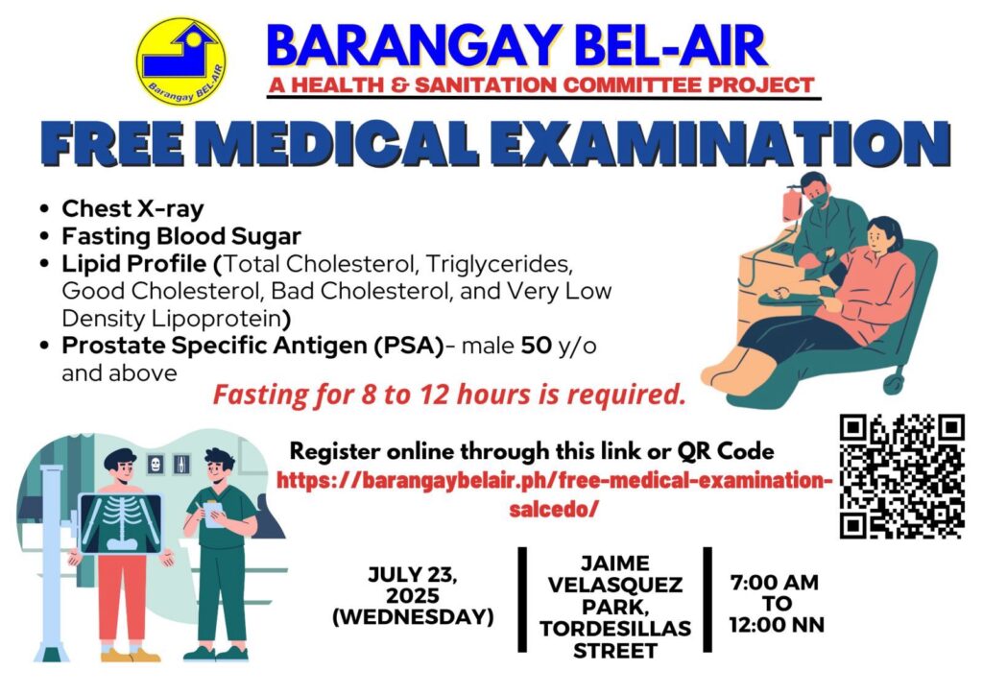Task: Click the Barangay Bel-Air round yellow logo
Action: pyautogui.click(x=181, y=60)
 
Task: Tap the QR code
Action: pyautogui.click(x=901, y=476)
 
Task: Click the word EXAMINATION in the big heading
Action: pyautogui.click(x=720, y=144)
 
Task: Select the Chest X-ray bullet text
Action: pyautogui.click(x=132, y=208)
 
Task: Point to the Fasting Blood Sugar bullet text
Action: pyautogui.click(x=181, y=236)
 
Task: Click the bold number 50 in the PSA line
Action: pyautogui.click(x=536, y=346)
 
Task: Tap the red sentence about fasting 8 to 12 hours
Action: pyautogui.click(x=449, y=395)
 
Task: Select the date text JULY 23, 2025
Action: pyautogui.click(x=413, y=585)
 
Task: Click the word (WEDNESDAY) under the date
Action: pyautogui.click(x=413, y=616)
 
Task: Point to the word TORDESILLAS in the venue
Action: pyautogui.click(x=615, y=628)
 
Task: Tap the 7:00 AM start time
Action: pyautogui.click(x=775, y=582)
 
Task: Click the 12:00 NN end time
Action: pyautogui.click(x=777, y=625)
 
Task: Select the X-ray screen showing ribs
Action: pyautogui.click(x=120, y=524)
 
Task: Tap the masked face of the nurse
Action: pyautogui.click(x=818, y=194)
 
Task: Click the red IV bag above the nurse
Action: pyautogui.click(x=792, y=204)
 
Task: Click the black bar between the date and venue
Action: pyautogui.click(x=522, y=600)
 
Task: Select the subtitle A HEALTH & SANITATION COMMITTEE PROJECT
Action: pyautogui.click(x=541, y=84)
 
